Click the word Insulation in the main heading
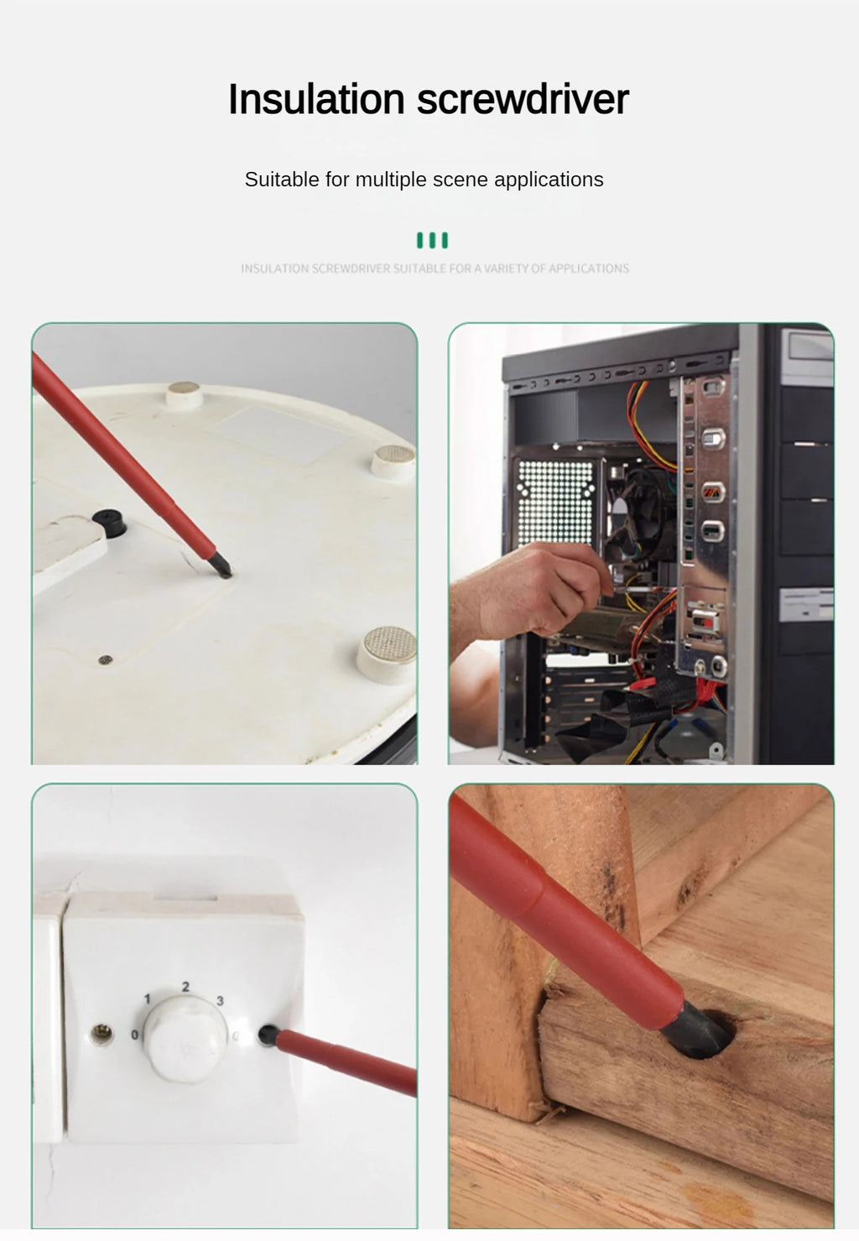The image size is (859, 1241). coord(316,99)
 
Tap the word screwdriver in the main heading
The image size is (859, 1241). coord(523,99)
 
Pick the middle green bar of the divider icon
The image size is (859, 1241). coord(433,241)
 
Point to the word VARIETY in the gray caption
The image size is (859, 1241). coord(505,269)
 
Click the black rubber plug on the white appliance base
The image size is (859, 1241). coord(109,523)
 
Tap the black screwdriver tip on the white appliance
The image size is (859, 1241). coord(220,566)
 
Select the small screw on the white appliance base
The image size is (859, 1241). coord(105,660)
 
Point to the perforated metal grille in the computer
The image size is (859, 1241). coord(555,502)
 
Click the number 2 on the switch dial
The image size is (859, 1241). coord(185,987)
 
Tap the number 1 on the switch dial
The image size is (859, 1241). coord(148,999)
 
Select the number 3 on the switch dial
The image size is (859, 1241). coord(221,1000)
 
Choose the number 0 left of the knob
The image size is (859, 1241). coord(134,1035)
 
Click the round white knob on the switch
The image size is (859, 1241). coord(185,1039)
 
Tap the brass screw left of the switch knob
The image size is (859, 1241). coord(102,1033)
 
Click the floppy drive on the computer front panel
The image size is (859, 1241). coord(806,604)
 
